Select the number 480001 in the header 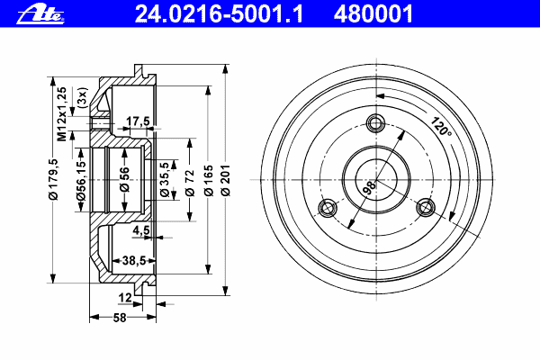pyautogui.click(x=373, y=13)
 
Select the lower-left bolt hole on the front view pyautogui.click(x=328, y=209)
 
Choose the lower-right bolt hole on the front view pyautogui.click(x=425, y=209)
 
